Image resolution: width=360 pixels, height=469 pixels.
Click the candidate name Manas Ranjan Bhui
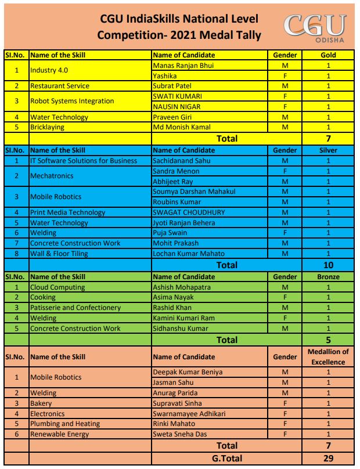click(183, 66)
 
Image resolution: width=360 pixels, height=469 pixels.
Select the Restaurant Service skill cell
click(60, 86)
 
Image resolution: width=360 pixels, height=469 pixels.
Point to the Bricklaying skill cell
click(47, 127)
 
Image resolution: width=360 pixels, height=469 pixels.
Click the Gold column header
click(328, 55)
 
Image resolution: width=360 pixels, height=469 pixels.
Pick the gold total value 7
click(328, 139)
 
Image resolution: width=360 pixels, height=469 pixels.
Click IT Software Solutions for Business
click(84, 161)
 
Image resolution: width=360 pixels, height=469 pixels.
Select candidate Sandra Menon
click(176, 171)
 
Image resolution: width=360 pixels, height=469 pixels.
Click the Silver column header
click(328, 150)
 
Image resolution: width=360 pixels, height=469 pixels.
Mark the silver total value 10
click(328, 265)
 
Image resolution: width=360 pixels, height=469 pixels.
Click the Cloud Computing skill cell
click(57, 287)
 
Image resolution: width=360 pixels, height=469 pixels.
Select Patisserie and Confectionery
click(75, 308)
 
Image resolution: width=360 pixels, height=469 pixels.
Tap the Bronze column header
click(328, 277)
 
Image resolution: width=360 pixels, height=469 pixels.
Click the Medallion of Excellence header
click(328, 356)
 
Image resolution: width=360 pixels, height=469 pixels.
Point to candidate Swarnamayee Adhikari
click(189, 414)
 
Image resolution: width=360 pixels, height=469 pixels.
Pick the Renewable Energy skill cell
click(60, 434)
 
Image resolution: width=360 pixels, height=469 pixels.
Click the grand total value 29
click(328, 459)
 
